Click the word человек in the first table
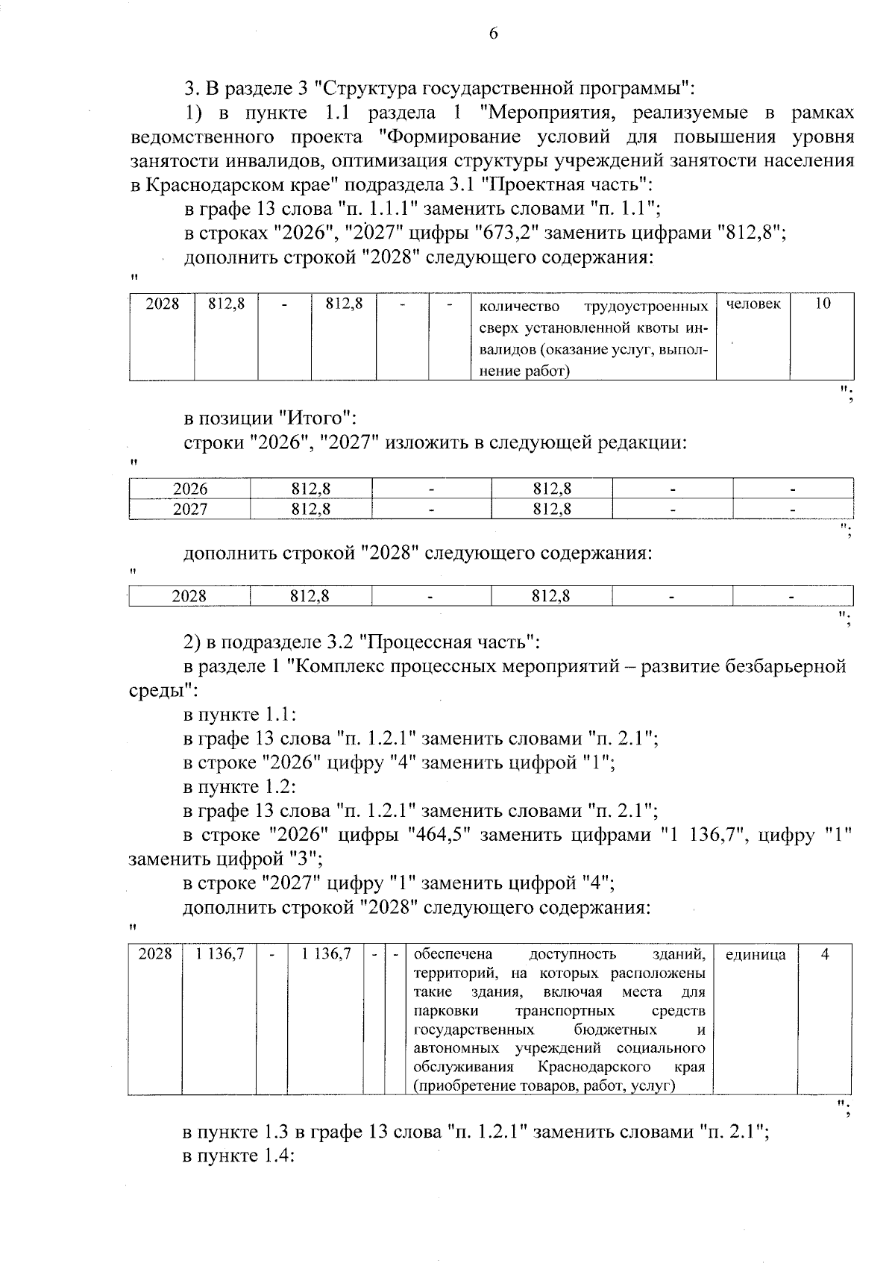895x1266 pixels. pos(753,304)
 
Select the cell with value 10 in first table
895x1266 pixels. pos(822,304)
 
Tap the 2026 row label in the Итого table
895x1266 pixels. pos(190,489)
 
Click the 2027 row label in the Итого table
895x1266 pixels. pos(190,510)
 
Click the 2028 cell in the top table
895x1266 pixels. pos(163,304)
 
